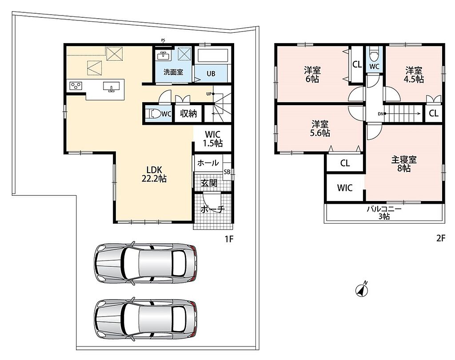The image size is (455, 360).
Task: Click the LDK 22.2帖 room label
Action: (x=154, y=174)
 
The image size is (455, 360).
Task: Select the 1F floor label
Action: (x=229, y=239)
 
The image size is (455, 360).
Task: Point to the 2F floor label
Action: (x=440, y=238)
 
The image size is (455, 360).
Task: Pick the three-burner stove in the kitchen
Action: (x=76, y=86)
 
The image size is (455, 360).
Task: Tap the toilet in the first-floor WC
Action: (x=153, y=114)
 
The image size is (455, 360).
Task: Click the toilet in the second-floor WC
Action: (x=374, y=54)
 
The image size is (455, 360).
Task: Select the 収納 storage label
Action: (x=188, y=113)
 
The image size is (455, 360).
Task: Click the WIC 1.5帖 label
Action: (x=213, y=138)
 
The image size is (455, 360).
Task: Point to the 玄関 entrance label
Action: (x=209, y=183)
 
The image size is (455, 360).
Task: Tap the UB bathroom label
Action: (x=211, y=74)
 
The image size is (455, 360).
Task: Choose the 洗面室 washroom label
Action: (x=173, y=72)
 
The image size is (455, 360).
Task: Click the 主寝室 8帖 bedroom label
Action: (x=404, y=164)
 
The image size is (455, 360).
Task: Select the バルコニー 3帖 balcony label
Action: (x=384, y=213)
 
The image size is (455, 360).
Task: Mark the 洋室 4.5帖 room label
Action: (x=415, y=75)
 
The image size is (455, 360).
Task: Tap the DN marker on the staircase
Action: (x=381, y=114)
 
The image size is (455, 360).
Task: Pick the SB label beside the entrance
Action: (x=227, y=172)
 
